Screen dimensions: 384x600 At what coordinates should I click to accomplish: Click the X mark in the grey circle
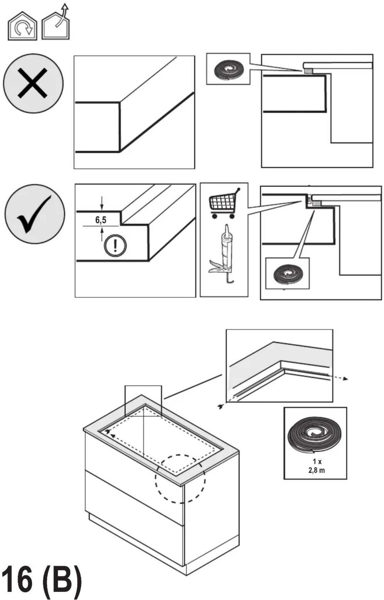[32, 83]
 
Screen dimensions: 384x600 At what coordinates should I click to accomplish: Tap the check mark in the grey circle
[34, 214]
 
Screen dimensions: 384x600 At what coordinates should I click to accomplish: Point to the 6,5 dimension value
[101, 220]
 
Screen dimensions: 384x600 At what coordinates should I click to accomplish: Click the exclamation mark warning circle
[115, 245]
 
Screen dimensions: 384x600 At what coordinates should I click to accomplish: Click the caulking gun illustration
[222, 254]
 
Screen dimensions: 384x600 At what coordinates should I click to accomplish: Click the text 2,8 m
[316, 470]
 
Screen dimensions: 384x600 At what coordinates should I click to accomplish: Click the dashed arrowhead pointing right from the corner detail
[345, 379]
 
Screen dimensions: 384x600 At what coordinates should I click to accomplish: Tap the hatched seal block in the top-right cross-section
[308, 71]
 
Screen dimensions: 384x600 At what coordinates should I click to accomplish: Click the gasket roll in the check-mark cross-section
[288, 274]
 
